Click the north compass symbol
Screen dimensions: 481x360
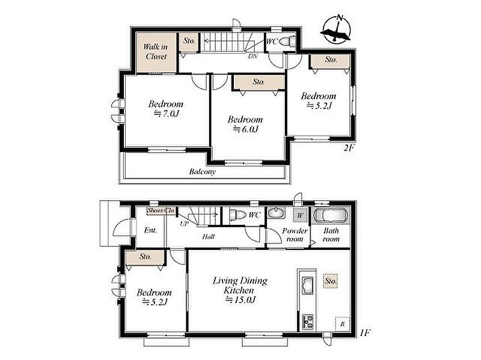pos(336,28)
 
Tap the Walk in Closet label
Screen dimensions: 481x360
pos(156,52)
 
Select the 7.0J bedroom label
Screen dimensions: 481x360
pos(166,109)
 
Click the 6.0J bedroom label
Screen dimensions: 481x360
pos(245,124)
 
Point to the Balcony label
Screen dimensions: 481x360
pos(203,171)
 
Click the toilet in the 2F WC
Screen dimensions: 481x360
pos(287,40)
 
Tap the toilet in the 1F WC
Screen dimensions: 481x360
pos(237,215)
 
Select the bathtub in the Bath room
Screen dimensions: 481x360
pos(331,215)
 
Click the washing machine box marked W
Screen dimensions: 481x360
pos(300,215)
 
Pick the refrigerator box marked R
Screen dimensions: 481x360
pos(343,324)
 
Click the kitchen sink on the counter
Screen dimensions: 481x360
pos(307,285)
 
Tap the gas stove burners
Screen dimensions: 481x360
pos(308,322)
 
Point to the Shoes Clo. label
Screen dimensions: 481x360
pos(161,211)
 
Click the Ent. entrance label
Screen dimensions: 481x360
pos(151,230)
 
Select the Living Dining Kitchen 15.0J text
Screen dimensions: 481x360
pos(240,290)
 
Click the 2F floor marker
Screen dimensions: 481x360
pos(349,148)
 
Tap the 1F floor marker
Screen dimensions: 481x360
pos(364,333)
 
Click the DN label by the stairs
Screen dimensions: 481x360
pos(253,56)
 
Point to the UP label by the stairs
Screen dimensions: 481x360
pos(184,224)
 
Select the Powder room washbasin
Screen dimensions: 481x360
pos(276,213)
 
